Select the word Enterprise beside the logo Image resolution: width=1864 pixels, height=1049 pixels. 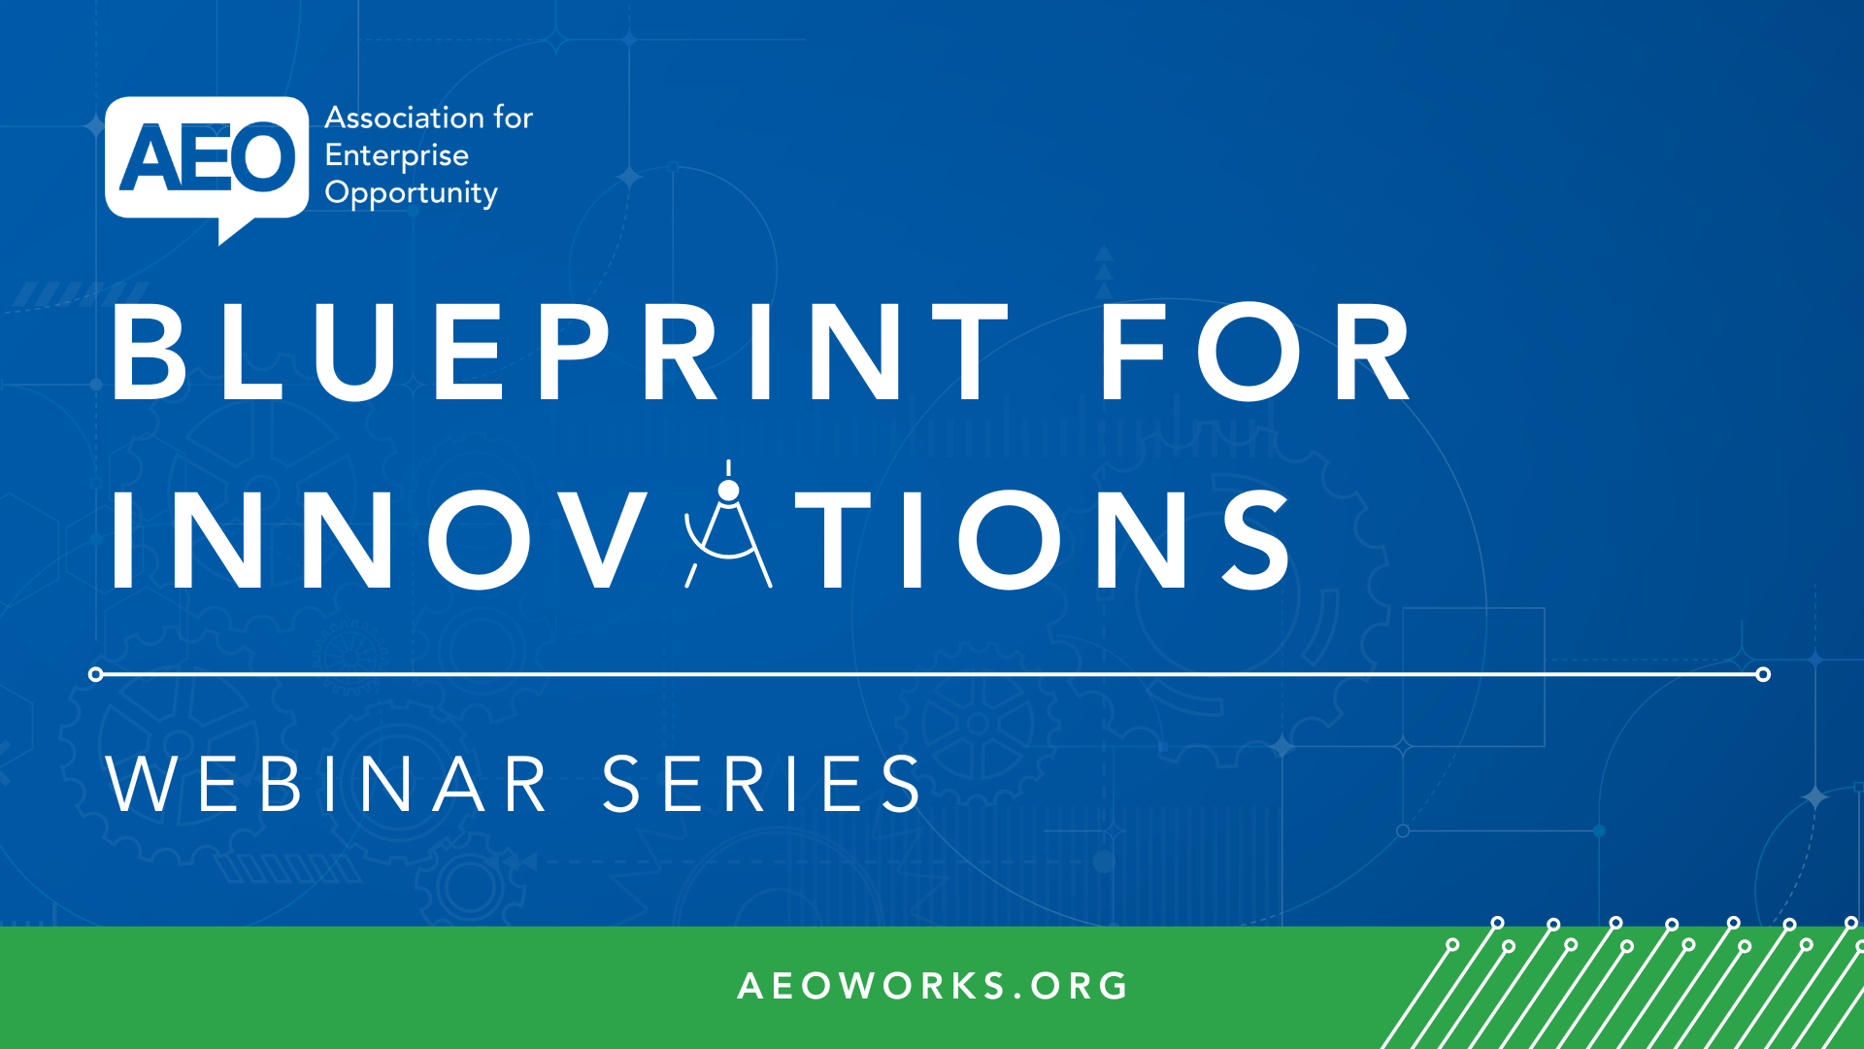pos(396,155)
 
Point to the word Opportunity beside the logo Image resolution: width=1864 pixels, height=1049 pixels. pos(411,193)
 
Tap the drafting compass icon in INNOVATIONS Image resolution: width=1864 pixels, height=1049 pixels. pos(728,529)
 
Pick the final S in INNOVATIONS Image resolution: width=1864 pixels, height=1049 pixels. pos(1255,539)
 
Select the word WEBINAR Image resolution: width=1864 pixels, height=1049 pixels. pos(328,784)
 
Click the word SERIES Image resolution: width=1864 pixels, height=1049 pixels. pos(762,784)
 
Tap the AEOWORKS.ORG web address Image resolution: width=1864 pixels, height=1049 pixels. pos(932,986)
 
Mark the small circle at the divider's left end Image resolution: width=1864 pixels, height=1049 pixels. pos(95,674)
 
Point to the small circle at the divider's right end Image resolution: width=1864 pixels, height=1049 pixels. pos(1763,674)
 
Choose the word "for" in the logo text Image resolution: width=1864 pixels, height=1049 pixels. pos(513,118)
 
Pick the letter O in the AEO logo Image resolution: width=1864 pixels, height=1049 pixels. pos(264,157)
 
